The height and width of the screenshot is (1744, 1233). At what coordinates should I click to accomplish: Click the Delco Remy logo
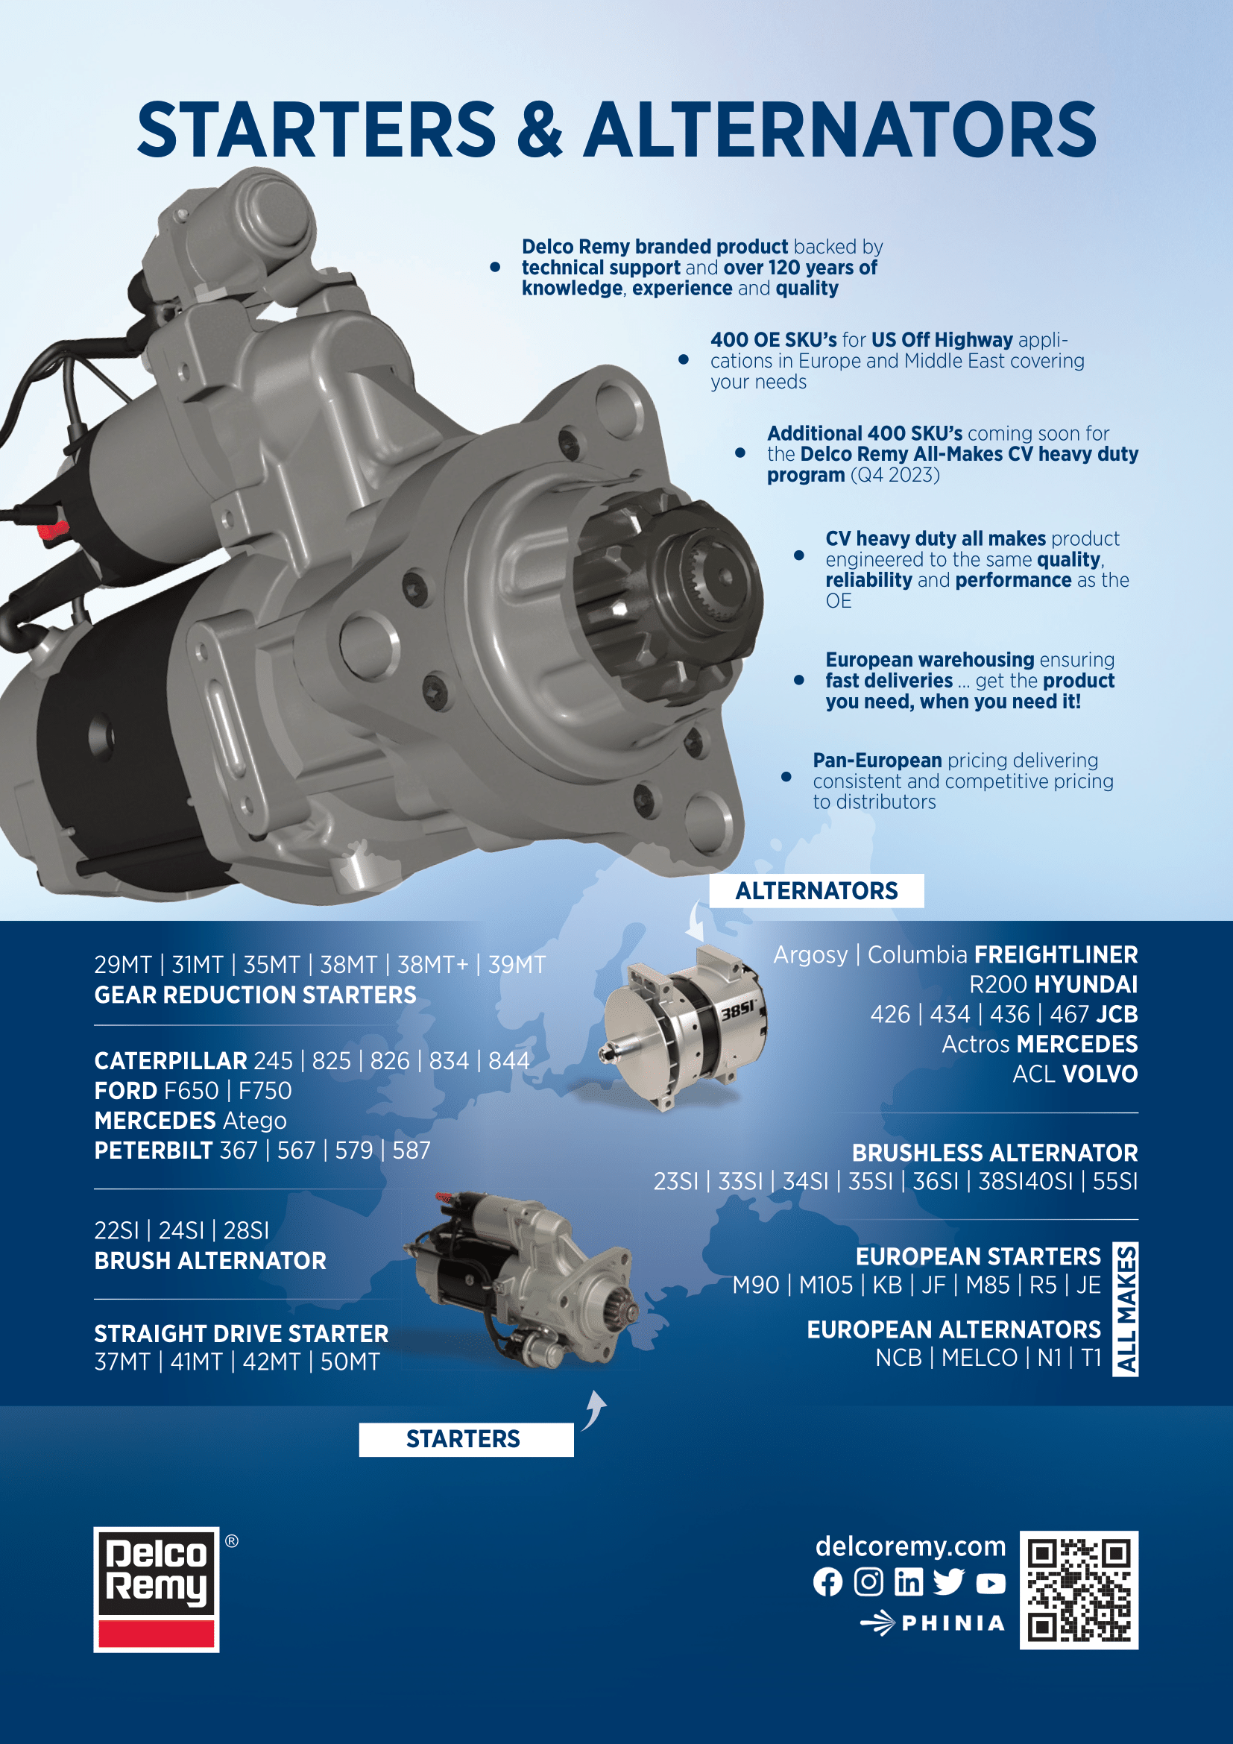[157, 1589]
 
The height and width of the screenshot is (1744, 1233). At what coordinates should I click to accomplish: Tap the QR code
[1079, 1590]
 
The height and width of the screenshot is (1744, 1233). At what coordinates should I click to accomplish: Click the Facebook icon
[827, 1582]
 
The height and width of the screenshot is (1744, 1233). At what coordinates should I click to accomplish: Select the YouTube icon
[990, 1584]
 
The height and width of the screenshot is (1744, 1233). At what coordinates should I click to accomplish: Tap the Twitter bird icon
[949, 1582]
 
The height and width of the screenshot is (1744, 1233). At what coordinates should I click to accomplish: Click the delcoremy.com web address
[910, 1546]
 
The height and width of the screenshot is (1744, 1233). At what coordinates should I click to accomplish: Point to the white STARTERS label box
[466, 1439]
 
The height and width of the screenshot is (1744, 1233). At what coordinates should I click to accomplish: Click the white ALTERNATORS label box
[816, 890]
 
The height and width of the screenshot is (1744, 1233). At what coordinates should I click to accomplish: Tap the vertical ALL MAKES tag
[1125, 1309]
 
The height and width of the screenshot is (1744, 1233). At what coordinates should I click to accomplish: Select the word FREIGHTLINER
[1056, 954]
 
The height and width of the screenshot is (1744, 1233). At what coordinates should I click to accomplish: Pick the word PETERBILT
[154, 1150]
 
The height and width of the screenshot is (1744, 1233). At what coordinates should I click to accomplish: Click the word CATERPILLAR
[171, 1060]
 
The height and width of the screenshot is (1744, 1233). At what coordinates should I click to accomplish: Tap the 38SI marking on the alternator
[738, 1010]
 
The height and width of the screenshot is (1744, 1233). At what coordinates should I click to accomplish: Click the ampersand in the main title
[540, 129]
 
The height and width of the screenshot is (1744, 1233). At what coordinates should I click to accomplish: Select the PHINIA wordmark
[953, 1623]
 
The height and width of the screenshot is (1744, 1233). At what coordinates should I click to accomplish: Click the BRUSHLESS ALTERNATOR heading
[994, 1152]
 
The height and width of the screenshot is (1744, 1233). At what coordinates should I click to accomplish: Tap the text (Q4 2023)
[895, 475]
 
